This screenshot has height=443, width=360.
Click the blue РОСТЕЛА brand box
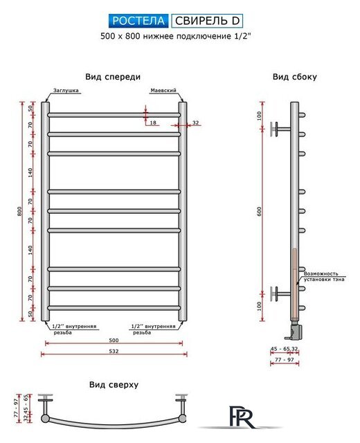[x=138, y=21]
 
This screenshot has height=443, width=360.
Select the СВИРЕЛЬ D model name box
[x=207, y=21]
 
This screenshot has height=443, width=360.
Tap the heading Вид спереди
[x=113, y=77]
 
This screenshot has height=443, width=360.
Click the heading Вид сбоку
[x=294, y=77]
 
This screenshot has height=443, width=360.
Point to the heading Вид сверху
[x=114, y=385]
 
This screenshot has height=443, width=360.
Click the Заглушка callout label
[x=66, y=91]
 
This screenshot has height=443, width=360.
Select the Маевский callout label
[x=163, y=91]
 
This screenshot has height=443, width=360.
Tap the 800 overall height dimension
[x=19, y=211]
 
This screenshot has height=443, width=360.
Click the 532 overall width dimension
[x=114, y=351]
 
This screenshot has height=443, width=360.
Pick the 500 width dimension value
[x=114, y=340]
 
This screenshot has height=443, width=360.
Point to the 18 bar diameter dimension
[x=153, y=123]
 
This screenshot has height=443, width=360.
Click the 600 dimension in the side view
[x=259, y=211]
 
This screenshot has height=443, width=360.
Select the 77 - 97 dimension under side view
[x=285, y=360]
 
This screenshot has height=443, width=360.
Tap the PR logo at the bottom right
[x=242, y=416]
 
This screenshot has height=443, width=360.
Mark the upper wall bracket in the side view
[x=280, y=129]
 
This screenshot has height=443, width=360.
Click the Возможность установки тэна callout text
[x=324, y=276]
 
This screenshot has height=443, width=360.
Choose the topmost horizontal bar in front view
[x=114, y=115]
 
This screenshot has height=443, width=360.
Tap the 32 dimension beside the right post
[x=195, y=123]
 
